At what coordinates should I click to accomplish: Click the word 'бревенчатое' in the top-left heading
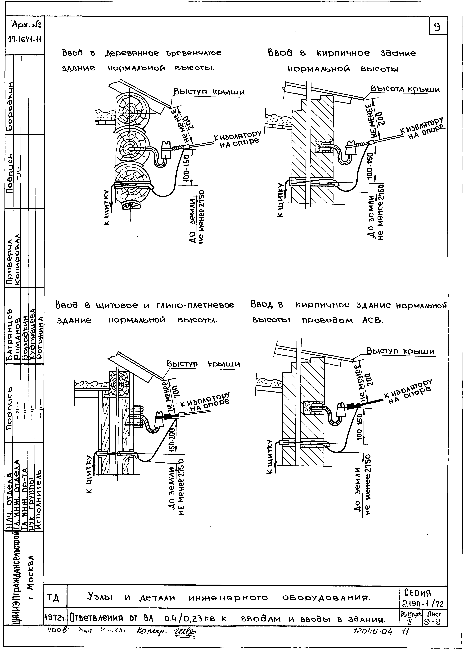point(193,53)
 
